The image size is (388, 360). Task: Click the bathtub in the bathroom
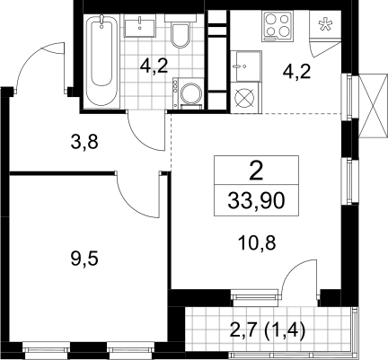[101, 61]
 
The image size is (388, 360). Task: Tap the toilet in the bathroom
[181, 32]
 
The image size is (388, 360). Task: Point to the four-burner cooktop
[278, 26]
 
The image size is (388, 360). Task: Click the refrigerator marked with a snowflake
[325, 24]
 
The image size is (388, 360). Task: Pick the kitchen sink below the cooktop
[246, 66]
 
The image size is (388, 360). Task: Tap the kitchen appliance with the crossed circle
[245, 98]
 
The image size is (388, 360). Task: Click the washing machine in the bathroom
[189, 93]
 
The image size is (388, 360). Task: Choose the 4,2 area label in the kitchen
[296, 72]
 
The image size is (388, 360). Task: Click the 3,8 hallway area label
[84, 142]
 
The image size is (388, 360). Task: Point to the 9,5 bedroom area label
[84, 259]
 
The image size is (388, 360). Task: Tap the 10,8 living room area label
[257, 243]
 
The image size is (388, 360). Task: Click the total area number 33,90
[256, 200]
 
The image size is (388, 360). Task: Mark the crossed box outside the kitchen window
[371, 106]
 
